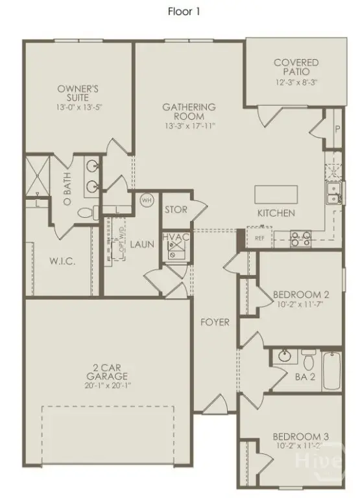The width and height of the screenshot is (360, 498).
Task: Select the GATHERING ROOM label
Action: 189,107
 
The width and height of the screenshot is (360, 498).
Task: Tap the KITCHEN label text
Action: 276,213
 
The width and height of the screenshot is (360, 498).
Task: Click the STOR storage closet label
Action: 175,209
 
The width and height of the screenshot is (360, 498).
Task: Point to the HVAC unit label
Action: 176,237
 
